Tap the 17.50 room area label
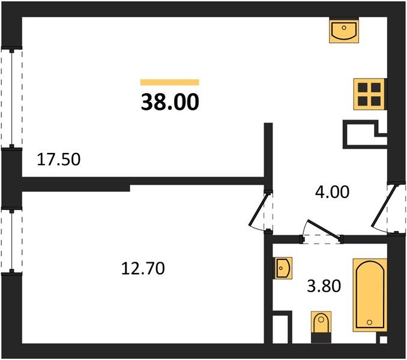tap(59, 160)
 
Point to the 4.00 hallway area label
tap(332, 193)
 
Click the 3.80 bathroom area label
tap(324, 287)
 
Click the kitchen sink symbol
tap(344, 31)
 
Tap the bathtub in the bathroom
tap(370, 295)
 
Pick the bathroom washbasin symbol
tap(282, 267)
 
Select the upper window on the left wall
tap(11, 98)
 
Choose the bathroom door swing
tap(322, 231)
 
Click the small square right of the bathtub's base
tap(382, 340)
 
